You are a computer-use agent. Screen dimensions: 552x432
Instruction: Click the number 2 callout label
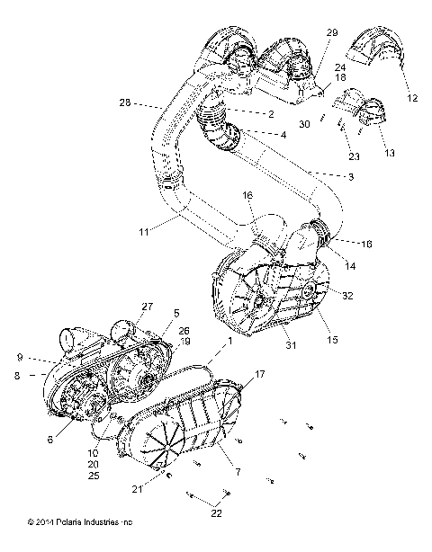(270, 114)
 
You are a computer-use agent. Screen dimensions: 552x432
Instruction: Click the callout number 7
(236, 471)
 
